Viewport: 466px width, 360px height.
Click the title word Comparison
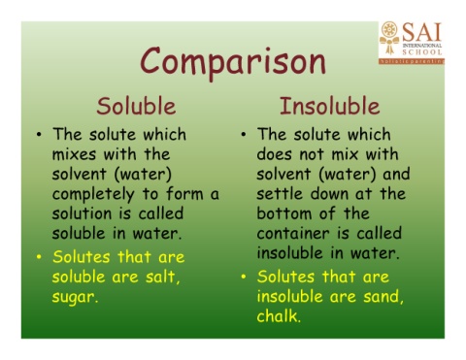pyautogui.click(x=232, y=61)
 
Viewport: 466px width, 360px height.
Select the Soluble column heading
pyautogui.click(x=135, y=105)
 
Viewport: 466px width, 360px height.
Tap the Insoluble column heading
pyautogui.click(x=329, y=105)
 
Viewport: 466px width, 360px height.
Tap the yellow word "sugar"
pyautogui.click(x=79, y=296)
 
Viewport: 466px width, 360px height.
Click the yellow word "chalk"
pyautogui.click(x=283, y=316)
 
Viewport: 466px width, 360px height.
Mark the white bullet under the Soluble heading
pyautogui.click(x=37, y=135)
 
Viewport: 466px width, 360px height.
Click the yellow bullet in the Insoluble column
pyautogui.click(x=243, y=277)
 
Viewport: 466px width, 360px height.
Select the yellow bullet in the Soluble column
pyautogui.click(x=37, y=256)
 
